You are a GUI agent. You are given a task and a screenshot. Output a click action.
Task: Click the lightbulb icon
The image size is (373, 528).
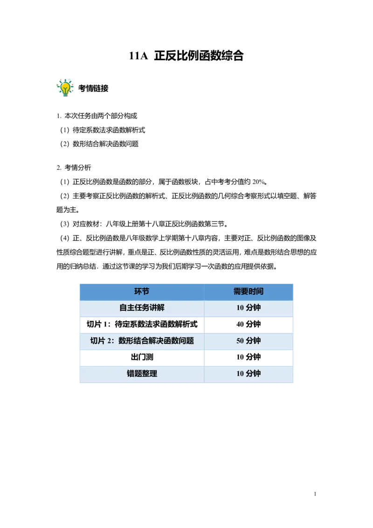pyautogui.click(x=65, y=87)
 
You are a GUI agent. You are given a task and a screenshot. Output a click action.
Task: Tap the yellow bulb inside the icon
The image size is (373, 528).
pyautogui.click(x=65, y=87)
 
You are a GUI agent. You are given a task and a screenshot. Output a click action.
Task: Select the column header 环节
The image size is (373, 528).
pyautogui.click(x=142, y=292)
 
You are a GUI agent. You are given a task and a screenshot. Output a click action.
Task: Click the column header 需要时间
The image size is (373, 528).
pyautogui.click(x=249, y=292)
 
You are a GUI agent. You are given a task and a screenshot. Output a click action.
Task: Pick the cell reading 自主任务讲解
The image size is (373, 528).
pyautogui.click(x=142, y=308)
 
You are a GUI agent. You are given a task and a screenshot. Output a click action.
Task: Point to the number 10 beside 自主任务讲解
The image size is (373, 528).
pyautogui.click(x=240, y=308)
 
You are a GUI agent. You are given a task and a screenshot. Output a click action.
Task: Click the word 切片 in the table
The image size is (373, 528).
pyautogui.click(x=98, y=340)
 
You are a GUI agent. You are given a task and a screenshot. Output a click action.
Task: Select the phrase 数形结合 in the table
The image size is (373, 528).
pyautogui.click(x=133, y=340)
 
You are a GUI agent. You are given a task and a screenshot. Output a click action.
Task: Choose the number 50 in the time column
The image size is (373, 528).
pyautogui.click(x=240, y=341)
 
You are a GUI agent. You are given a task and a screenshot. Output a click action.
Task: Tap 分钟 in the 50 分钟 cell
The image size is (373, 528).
pyautogui.click(x=253, y=340)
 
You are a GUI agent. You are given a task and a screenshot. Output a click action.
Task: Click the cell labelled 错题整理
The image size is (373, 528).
pyautogui.click(x=142, y=374)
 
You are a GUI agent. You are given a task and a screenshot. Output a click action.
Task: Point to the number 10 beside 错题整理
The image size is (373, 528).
pyautogui.click(x=240, y=374)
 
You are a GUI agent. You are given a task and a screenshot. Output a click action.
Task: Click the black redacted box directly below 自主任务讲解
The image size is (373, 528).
pyautogui.click(x=142, y=326)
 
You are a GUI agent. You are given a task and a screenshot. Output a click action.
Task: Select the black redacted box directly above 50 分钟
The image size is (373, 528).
pyautogui.click(x=248, y=326)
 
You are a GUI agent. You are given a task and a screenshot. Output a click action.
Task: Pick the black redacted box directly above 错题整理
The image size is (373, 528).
pyautogui.click(x=142, y=358)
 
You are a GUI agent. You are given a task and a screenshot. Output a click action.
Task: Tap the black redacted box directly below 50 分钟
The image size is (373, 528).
pyautogui.click(x=248, y=358)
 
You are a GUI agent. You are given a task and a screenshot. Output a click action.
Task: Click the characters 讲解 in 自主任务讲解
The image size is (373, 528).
pyautogui.click(x=157, y=308)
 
